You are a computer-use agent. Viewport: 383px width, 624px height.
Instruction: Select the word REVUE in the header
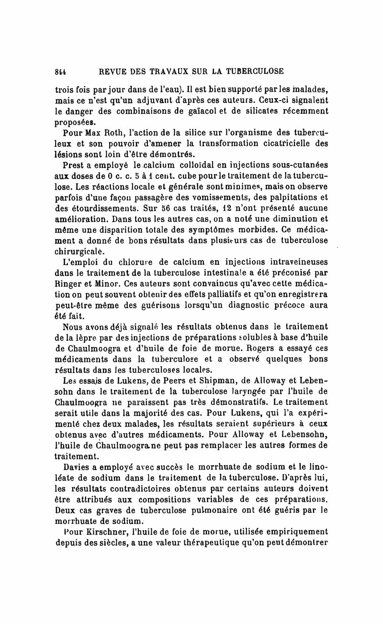[x=113, y=71]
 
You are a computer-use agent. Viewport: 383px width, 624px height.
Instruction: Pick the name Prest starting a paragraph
[x=74, y=166]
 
